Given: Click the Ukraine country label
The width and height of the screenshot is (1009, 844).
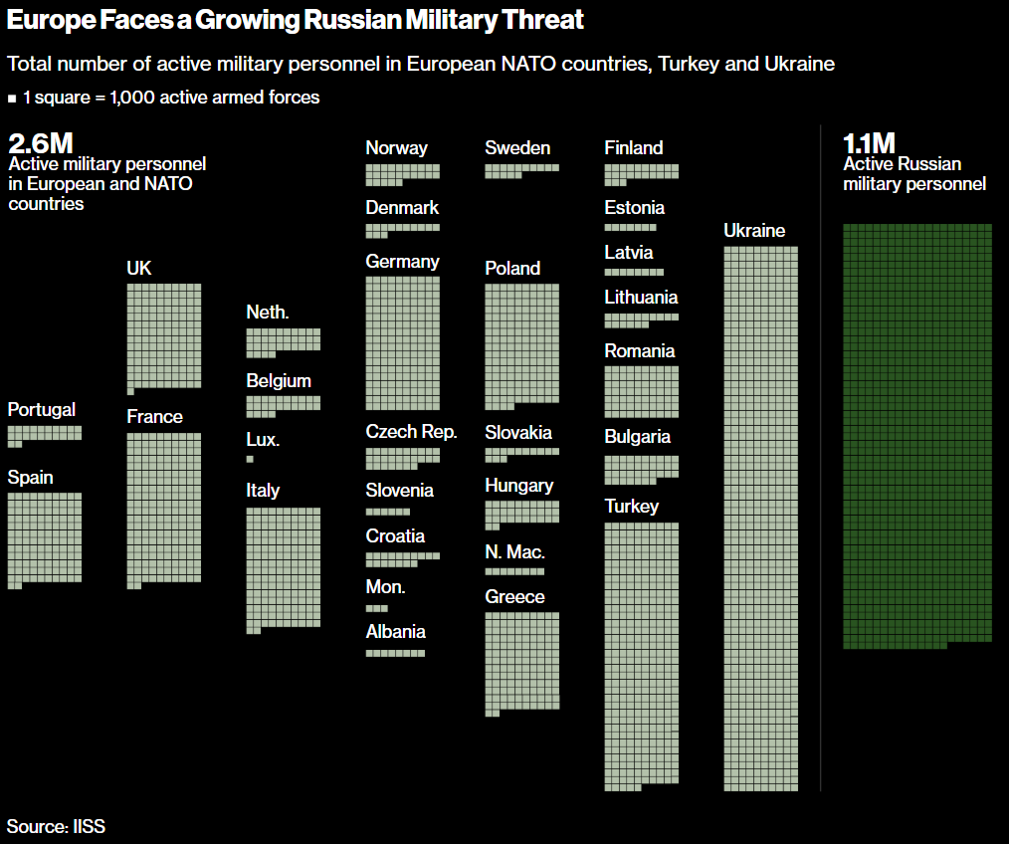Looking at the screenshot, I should (754, 231).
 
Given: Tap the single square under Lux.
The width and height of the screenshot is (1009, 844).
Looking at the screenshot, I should (250, 459).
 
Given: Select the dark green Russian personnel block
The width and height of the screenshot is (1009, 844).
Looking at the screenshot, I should (916, 436).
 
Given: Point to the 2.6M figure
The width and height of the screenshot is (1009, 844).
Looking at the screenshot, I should (41, 143).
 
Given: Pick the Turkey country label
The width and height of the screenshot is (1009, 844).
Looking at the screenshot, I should (632, 507).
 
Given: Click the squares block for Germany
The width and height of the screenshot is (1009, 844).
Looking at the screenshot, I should (403, 343).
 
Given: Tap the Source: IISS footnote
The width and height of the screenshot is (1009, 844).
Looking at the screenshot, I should (56, 826).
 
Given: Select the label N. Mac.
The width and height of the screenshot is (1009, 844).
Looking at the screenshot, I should (515, 552).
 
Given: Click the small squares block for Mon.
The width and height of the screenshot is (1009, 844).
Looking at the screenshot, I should (377, 607).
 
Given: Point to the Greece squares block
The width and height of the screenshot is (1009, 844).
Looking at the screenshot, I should (522, 662).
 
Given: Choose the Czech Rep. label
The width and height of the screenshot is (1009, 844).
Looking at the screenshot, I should (411, 432).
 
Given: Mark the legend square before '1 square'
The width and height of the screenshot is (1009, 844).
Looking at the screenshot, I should (12, 99).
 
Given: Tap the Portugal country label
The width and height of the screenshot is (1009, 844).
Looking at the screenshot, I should (42, 410).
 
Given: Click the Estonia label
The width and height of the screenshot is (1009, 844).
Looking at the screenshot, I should (634, 208).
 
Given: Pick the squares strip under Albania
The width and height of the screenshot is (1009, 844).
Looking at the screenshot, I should (395, 653).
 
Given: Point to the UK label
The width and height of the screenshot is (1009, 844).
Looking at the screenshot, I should (139, 269).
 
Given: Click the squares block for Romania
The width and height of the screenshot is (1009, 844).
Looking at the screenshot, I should (642, 391).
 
